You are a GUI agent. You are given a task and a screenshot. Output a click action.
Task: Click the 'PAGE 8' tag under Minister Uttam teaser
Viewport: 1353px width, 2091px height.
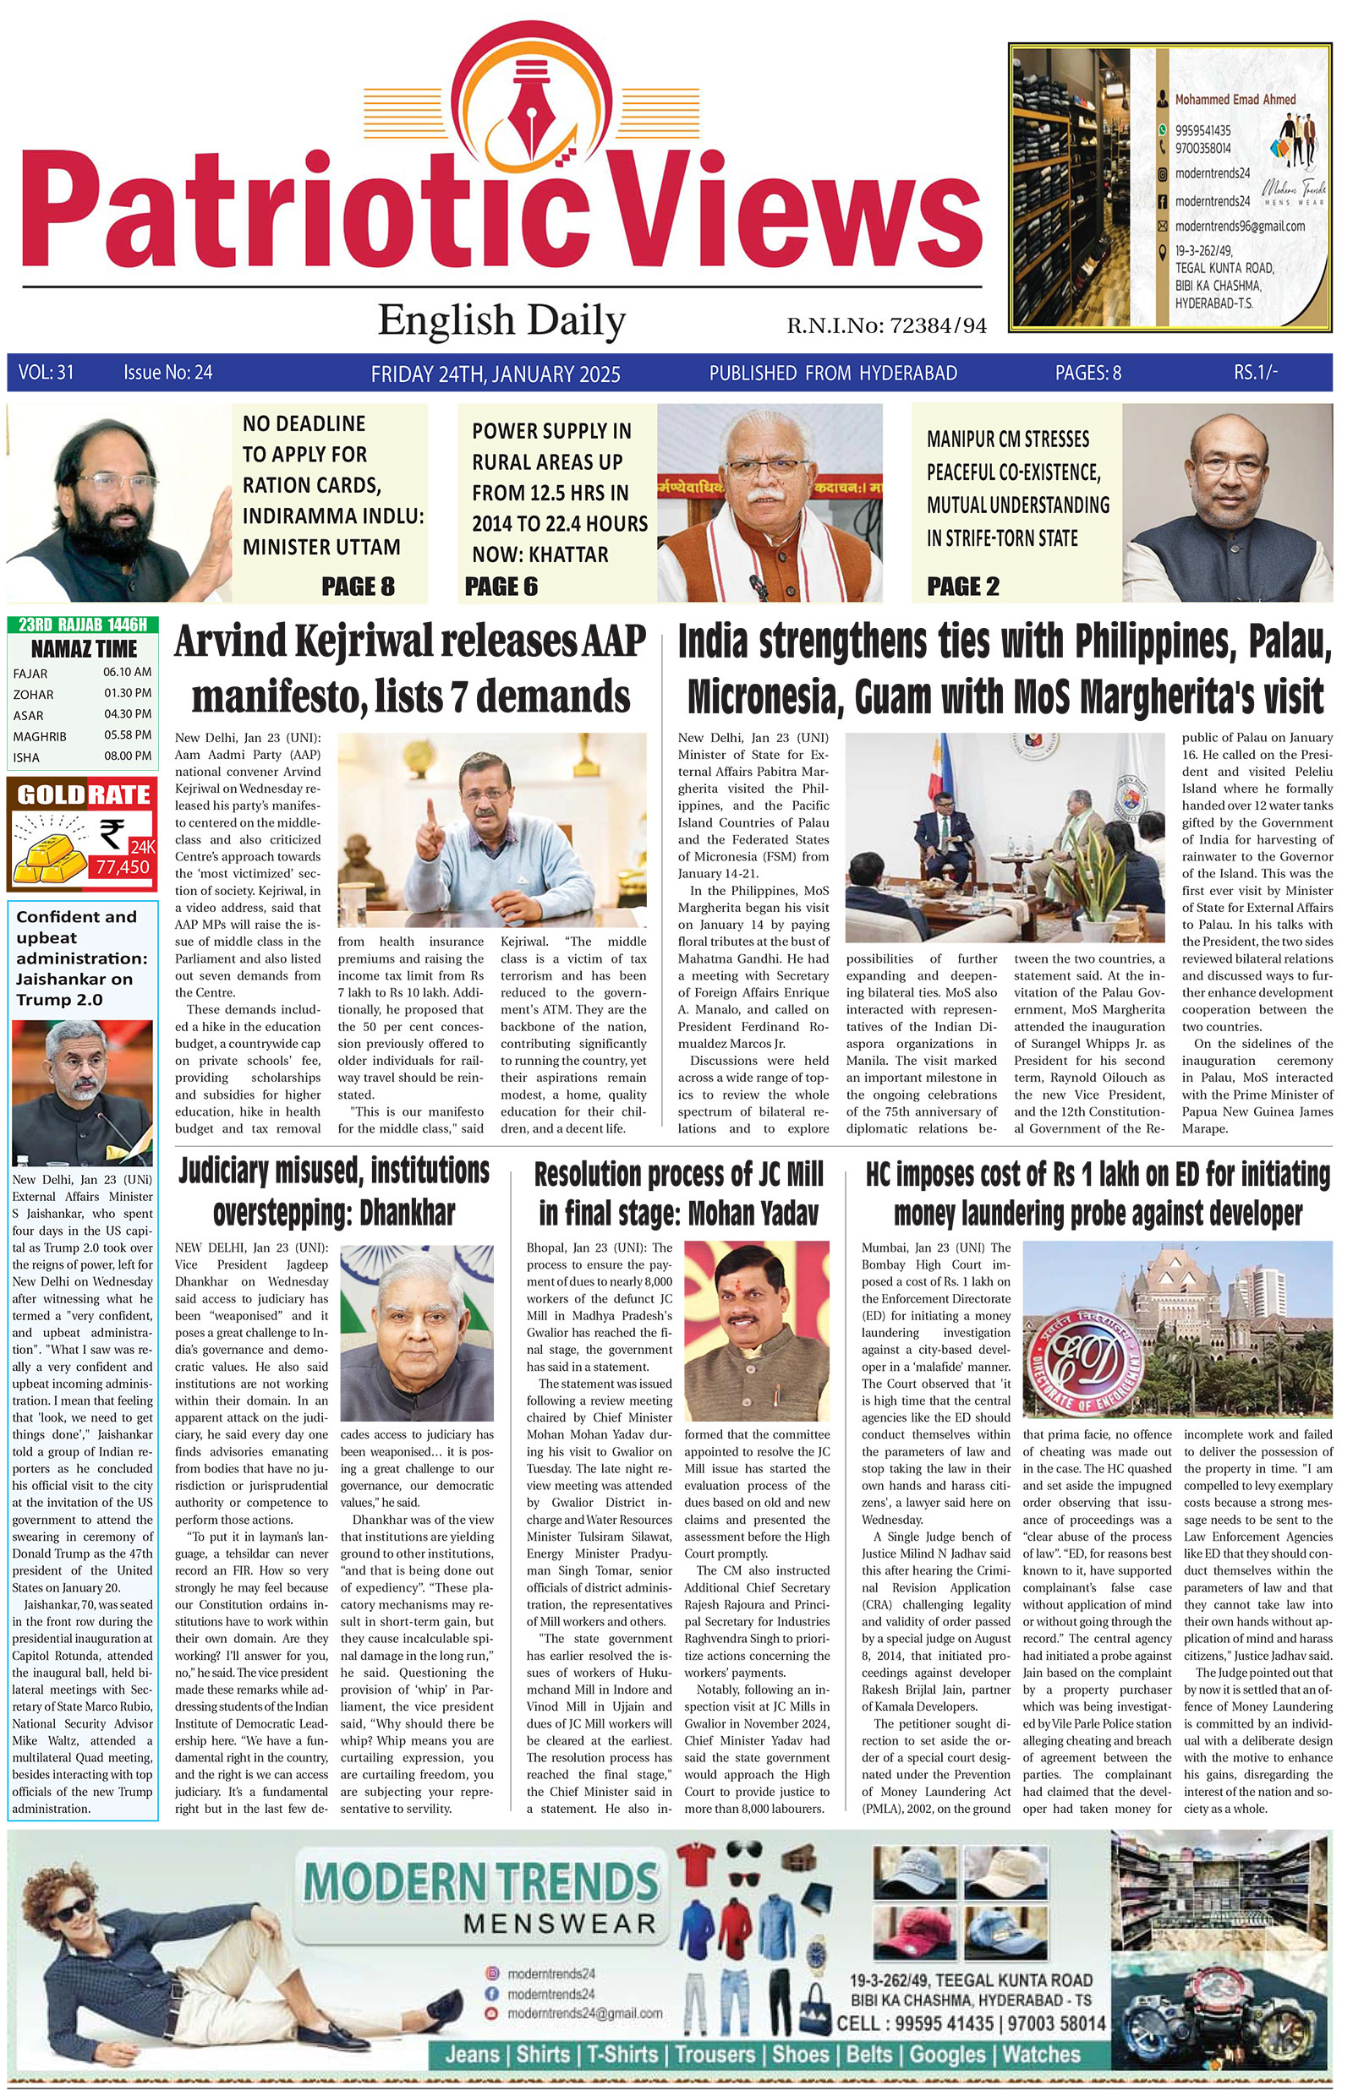[x=358, y=587]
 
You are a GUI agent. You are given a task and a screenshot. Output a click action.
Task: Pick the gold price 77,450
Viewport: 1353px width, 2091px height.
[x=123, y=868]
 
